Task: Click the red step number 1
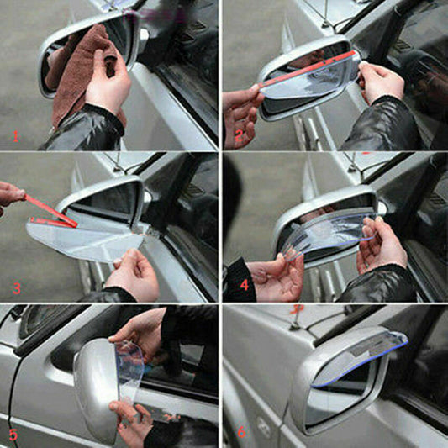(x=14, y=135)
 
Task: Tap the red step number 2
(x=238, y=135)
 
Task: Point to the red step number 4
(x=244, y=284)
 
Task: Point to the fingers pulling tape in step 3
(x=10, y=195)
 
